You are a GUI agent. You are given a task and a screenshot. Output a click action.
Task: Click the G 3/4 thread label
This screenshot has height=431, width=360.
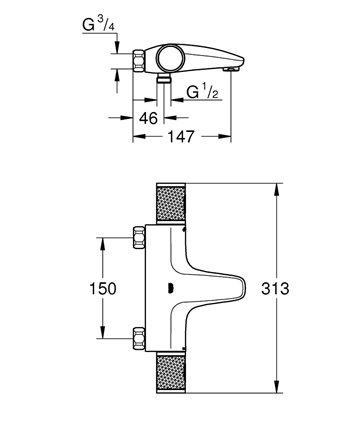point(99,24)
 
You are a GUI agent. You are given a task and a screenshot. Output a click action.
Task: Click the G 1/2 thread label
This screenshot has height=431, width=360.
point(203,91)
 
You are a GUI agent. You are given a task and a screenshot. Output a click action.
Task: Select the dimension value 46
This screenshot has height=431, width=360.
point(148,118)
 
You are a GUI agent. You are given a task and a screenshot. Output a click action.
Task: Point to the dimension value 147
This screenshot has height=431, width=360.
point(180,136)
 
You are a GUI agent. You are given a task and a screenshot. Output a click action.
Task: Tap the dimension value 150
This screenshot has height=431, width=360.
point(103,288)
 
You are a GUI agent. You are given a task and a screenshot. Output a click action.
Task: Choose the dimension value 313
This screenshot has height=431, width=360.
point(275,288)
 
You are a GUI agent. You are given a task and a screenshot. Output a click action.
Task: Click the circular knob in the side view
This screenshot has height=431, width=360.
point(171,58)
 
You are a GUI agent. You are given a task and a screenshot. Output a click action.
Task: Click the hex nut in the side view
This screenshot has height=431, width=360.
point(139,61)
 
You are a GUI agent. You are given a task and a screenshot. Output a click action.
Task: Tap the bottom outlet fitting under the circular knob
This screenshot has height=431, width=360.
point(164,79)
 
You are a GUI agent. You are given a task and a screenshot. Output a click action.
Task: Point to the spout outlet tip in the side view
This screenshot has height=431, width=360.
point(231,69)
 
